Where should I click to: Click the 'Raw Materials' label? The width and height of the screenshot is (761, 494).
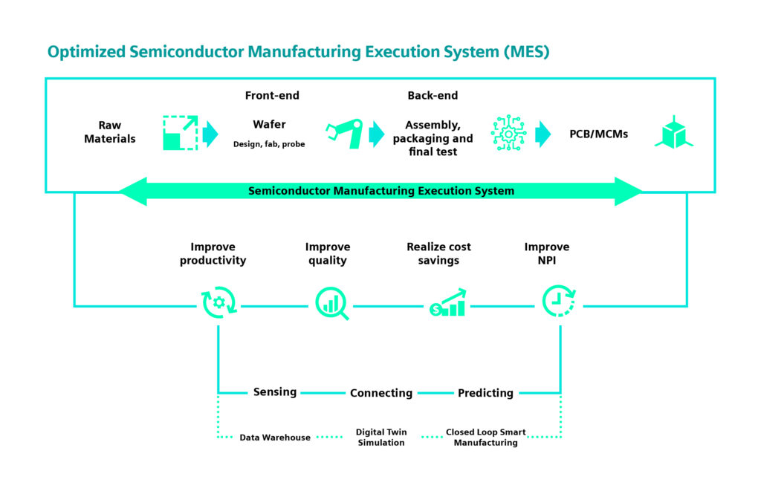click(109, 132)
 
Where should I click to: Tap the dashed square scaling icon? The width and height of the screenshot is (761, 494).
click(180, 133)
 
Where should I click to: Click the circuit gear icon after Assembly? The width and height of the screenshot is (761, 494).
click(509, 133)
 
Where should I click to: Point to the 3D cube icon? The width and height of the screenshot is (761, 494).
click(673, 132)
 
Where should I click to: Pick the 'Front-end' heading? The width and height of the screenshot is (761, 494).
click(272, 96)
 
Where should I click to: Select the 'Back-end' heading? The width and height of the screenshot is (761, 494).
click(433, 96)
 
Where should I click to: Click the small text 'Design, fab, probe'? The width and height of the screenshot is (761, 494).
click(269, 144)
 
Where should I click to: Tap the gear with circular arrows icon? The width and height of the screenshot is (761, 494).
click(218, 305)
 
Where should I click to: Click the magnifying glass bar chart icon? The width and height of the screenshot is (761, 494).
click(331, 305)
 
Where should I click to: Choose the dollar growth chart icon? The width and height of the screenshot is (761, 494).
click(447, 303)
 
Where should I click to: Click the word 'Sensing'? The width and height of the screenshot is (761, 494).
click(275, 392)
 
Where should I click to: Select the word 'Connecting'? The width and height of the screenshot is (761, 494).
click(381, 393)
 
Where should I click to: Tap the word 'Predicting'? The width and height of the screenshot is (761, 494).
click(485, 393)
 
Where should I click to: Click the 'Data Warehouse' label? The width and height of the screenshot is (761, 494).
click(275, 438)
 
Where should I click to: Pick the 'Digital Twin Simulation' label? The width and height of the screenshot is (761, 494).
click(381, 438)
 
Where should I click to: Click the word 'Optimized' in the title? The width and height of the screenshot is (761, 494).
click(85, 52)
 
